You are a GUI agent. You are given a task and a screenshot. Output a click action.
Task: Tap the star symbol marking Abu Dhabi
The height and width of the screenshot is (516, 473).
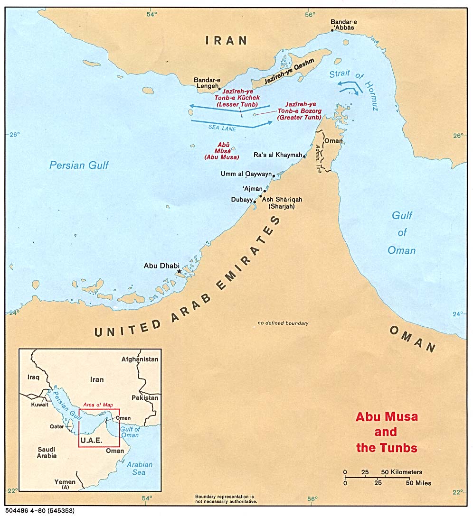click(x=179, y=271)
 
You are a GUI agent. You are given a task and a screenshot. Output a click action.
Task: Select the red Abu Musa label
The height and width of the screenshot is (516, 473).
click(x=221, y=151)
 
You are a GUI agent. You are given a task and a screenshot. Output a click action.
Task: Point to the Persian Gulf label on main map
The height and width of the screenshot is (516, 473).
click(x=79, y=165)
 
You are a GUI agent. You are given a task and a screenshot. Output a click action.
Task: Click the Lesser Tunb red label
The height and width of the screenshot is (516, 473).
click(x=237, y=98)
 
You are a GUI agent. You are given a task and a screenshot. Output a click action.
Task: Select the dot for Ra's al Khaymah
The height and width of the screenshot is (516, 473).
click(x=304, y=156)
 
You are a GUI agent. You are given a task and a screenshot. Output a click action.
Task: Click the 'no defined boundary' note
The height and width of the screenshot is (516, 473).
click(x=283, y=323)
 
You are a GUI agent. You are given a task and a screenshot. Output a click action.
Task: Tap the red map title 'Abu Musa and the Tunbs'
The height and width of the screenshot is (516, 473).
click(x=387, y=432)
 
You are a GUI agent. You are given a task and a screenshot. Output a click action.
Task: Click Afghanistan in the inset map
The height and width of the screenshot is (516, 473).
click(x=140, y=359)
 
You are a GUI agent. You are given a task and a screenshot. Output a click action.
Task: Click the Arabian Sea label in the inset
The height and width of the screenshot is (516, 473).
click(x=139, y=469)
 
